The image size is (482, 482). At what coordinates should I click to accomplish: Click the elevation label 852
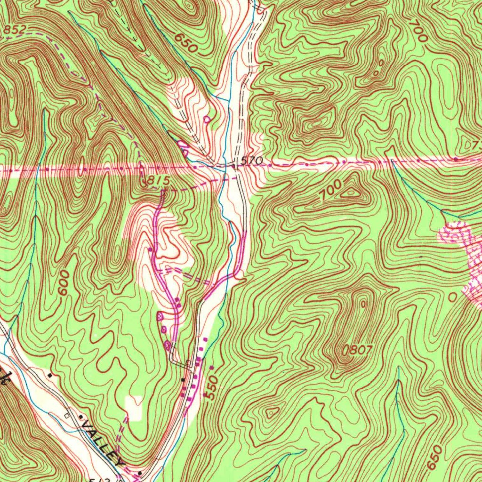click(x=14, y=30)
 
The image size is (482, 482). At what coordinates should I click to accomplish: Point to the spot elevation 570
click(x=251, y=161)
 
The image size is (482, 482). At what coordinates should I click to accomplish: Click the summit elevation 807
click(x=357, y=350)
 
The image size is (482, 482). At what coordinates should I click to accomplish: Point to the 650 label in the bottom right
click(x=435, y=457)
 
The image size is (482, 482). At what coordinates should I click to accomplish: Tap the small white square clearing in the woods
click(x=134, y=408)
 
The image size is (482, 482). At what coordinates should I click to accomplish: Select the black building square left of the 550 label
click(x=184, y=379)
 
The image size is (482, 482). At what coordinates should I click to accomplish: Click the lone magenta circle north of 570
click(x=207, y=119)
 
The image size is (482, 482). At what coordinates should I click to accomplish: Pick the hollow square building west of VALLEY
click(x=67, y=416)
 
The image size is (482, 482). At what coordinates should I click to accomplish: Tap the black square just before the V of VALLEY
click(x=79, y=417)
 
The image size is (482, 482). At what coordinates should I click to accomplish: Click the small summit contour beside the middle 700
click(x=351, y=192)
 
